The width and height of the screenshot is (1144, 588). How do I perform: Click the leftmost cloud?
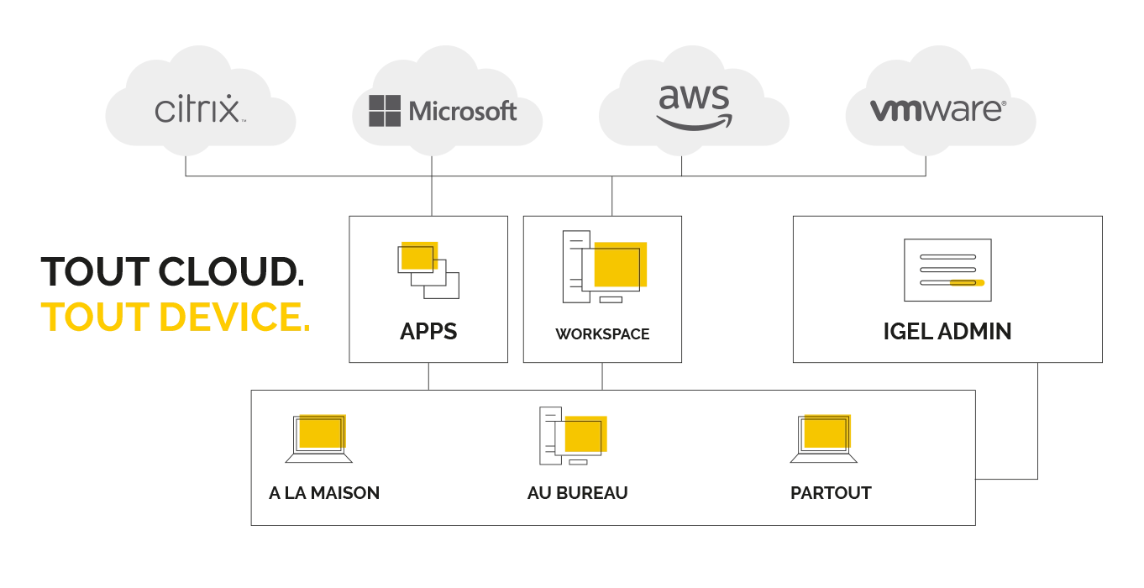[x=200, y=105]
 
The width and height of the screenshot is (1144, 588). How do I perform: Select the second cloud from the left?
[x=446, y=105]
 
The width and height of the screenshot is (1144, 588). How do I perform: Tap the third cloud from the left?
[x=693, y=105]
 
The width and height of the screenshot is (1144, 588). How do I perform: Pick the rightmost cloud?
[x=940, y=105]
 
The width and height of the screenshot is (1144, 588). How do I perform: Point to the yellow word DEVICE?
[x=234, y=317]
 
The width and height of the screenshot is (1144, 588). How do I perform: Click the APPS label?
[x=428, y=331]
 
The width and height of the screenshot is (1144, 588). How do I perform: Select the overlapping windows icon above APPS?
[x=428, y=269]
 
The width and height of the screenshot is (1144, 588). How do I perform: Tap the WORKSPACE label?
[x=602, y=333]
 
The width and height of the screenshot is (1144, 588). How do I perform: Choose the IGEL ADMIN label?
[x=947, y=331]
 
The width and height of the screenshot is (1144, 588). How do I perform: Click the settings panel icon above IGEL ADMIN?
[x=947, y=270]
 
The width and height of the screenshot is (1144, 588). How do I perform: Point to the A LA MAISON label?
[x=324, y=493]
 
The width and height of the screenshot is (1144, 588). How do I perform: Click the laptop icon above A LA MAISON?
[x=319, y=438]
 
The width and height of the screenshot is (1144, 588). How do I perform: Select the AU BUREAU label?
[x=577, y=493]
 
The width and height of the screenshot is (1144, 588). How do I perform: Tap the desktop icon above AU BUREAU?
[x=573, y=436]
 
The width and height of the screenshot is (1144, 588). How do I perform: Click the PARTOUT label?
[x=831, y=493]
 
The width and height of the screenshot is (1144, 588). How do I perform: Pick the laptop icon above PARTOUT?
[x=824, y=438]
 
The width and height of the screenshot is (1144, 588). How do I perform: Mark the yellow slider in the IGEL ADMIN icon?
[x=967, y=282]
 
